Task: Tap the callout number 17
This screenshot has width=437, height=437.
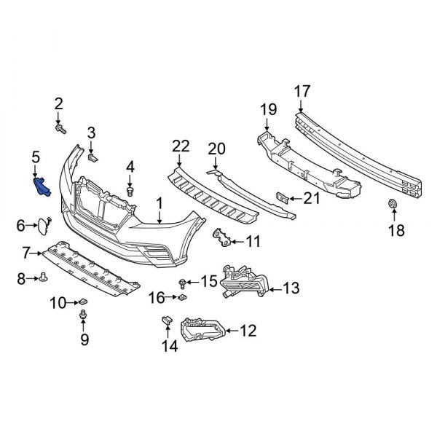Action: [x=302, y=91]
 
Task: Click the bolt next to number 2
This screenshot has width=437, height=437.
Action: [x=60, y=129]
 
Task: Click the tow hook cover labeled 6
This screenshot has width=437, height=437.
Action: [x=45, y=225]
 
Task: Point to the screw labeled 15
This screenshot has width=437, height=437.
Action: [x=181, y=282]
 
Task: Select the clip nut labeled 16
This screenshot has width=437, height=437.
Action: [x=181, y=297]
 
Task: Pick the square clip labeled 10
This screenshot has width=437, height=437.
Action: [x=83, y=300]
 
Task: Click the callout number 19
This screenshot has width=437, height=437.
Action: [x=268, y=110]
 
